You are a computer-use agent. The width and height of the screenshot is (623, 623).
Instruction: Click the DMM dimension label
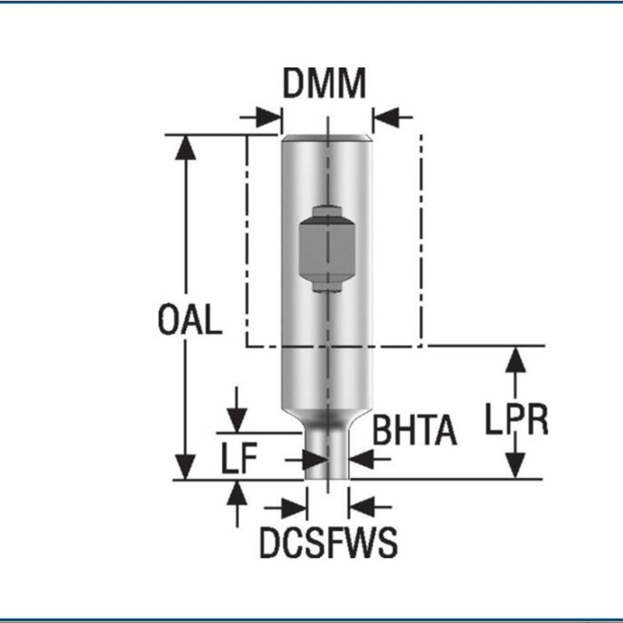tap(324, 84)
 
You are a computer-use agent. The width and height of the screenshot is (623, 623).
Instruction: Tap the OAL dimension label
tap(189, 320)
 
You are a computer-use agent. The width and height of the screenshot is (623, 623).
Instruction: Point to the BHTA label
tap(414, 431)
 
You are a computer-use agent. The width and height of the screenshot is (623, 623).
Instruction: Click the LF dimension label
tap(237, 460)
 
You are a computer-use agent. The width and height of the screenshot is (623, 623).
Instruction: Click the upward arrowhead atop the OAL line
tap(185, 148)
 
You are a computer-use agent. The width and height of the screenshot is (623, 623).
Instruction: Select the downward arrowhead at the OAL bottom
tap(185, 466)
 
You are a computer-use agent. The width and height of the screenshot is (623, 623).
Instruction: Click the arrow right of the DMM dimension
tap(387, 118)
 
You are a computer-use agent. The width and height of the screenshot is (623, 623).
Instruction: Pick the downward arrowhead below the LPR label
tap(514, 465)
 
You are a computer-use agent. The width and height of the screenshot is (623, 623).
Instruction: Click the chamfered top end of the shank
tap(326, 138)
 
